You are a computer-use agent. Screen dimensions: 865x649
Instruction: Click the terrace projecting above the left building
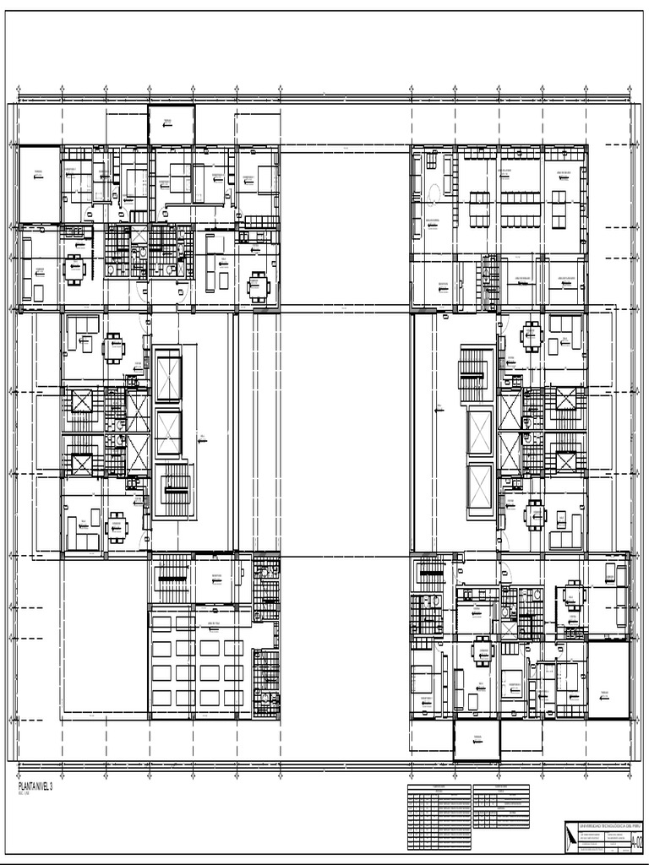click(172, 123)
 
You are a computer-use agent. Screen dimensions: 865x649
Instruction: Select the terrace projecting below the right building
click(477, 741)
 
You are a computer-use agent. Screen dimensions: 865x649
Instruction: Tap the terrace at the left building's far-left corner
click(40, 184)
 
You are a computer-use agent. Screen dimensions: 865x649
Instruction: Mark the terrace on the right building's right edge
click(608, 680)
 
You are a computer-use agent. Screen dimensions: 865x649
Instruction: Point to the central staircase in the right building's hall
click(474, 373)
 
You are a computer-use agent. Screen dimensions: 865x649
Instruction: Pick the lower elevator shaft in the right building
click(480, 487)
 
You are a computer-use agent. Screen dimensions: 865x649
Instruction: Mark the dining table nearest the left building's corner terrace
click(74, 269)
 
